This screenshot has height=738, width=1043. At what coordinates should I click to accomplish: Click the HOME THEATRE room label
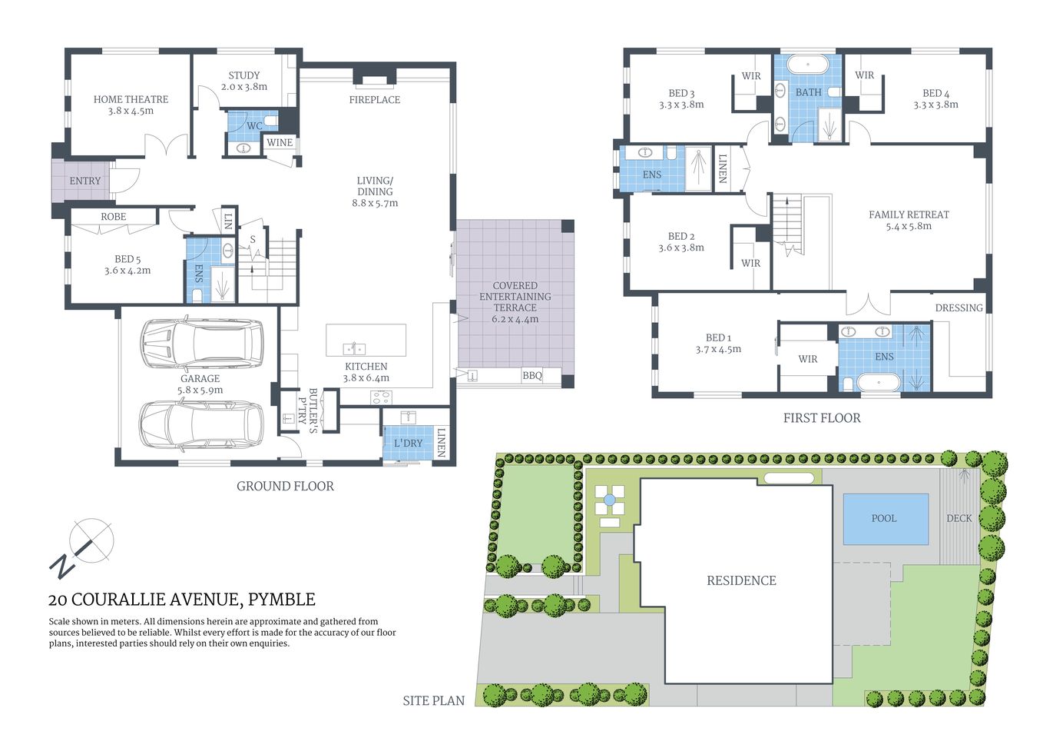point(131,99)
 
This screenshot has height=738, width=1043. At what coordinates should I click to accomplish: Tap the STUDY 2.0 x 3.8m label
point(244,81)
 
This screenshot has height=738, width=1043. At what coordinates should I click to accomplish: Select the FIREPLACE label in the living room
point(374,100)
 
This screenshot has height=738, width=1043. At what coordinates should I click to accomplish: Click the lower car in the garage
point(201,425)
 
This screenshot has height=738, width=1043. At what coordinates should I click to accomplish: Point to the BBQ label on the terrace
point(531,376)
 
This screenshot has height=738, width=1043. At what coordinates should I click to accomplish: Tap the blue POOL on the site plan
point(885,518)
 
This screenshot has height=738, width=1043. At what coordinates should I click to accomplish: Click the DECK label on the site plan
point(959,518)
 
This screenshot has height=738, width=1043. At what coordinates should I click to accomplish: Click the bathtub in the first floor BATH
point(808,65)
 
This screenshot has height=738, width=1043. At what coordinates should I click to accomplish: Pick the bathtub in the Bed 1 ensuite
point(874,382)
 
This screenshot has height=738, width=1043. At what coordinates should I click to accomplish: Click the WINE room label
point(280,142)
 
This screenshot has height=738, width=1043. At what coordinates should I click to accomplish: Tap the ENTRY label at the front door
point(84,181)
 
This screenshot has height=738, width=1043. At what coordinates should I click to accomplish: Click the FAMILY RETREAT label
point(909,214)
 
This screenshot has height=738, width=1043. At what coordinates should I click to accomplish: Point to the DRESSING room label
point(959,307)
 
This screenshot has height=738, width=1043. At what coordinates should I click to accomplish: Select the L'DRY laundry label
point(408,444)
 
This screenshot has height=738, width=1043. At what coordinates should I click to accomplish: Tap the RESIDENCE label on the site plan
point(741,580)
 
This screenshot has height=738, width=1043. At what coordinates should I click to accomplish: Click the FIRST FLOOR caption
point(822,418)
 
